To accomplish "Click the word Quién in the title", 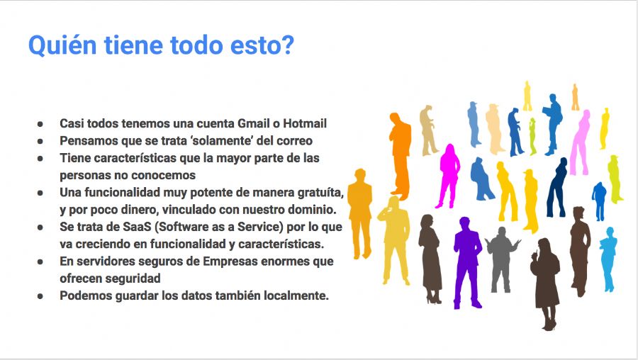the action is pos(62,45).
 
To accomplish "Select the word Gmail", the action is pos(254,123).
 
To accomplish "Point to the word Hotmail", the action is pos(305,123).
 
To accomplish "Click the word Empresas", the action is pos(230,261).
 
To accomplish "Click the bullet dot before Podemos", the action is pos(40,296).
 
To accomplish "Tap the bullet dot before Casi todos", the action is pos(40,124).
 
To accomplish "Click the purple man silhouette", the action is pos(467,263).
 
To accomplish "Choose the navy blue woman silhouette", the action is pos(557,187).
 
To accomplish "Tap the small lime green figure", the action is pos(532,136).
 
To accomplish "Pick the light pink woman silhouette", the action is pos(580,142).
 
